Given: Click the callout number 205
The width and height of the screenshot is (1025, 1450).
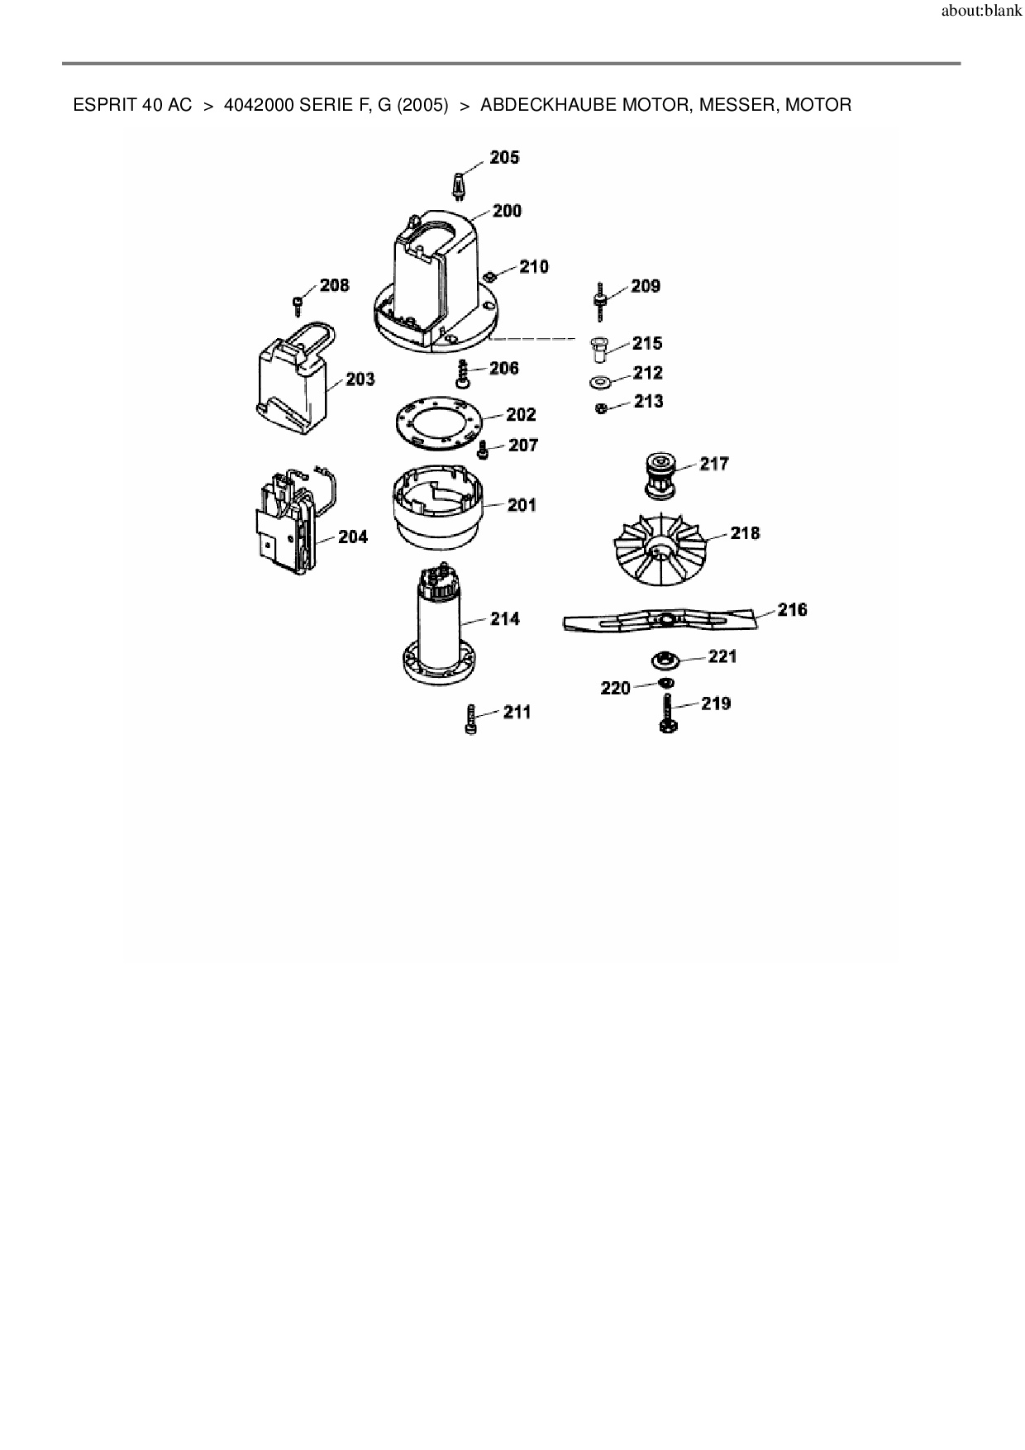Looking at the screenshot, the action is [504, 158].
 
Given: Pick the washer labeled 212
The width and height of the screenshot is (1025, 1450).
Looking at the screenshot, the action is [599, 383].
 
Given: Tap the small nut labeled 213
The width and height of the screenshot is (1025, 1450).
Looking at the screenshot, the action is [602, 408].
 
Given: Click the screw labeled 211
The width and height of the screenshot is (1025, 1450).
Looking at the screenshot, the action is [471, 718].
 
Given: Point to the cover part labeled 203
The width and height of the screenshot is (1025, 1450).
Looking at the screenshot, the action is [293, 380].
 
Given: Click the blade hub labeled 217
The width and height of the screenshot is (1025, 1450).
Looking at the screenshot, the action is [660, 475].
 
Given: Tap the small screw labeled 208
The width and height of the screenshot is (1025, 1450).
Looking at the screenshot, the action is [298, 304].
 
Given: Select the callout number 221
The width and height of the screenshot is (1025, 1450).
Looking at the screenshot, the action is [722, 656].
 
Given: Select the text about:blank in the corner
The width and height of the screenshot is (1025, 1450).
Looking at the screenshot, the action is [981, 12].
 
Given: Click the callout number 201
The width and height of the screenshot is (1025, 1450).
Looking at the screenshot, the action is [522, 505].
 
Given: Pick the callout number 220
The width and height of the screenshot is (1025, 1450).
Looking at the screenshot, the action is [615, 688].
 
